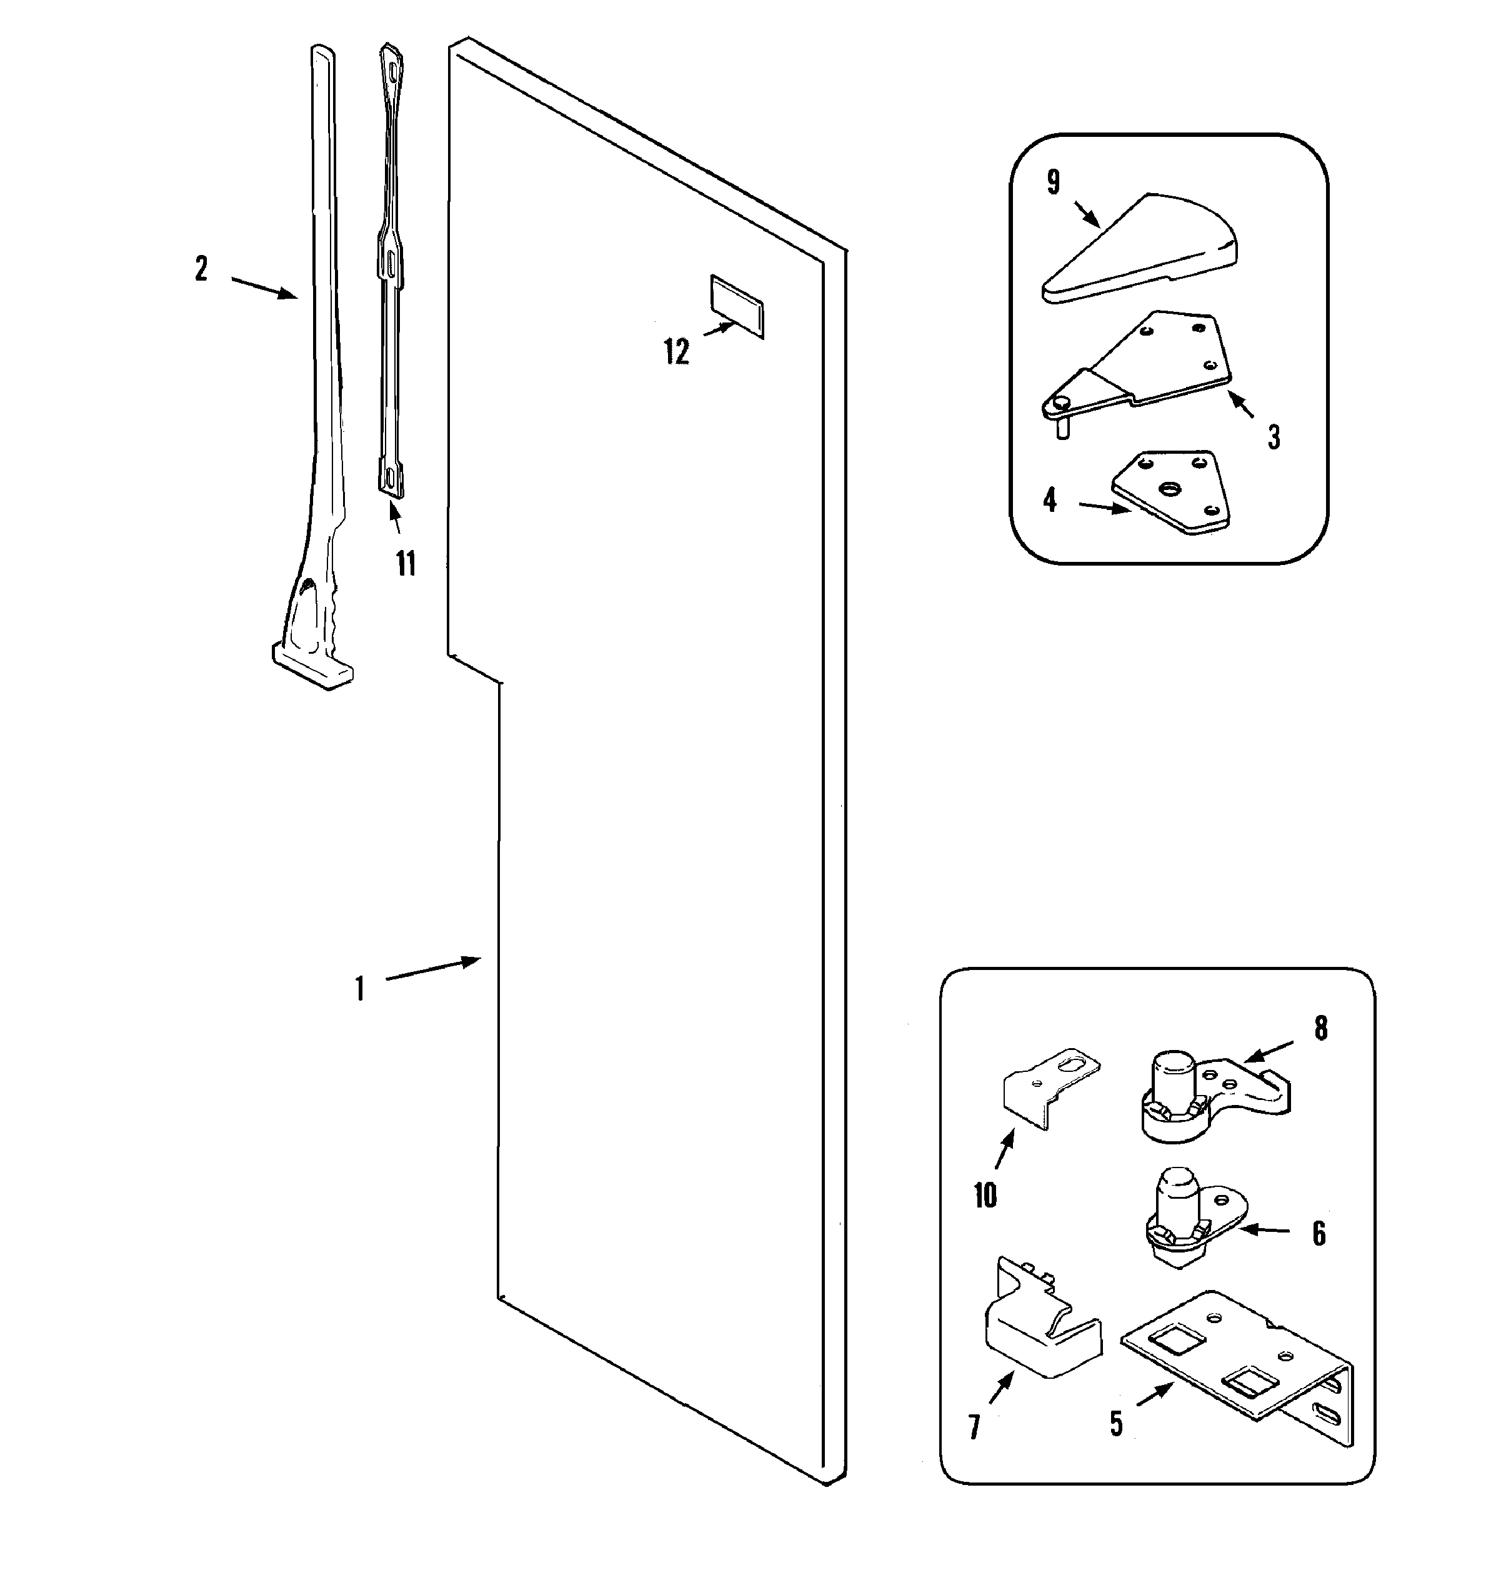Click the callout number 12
(676, 352)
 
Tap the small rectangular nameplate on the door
(736, 306)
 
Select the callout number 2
(202, 269)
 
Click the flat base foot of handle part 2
(312, 666)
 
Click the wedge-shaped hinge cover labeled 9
(1140, 247)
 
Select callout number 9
(1054, 182)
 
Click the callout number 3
(1274, 436)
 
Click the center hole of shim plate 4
(1170, 487)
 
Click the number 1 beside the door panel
(360, 989)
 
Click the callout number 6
(1319, 1234)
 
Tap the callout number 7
(974, 1427)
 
